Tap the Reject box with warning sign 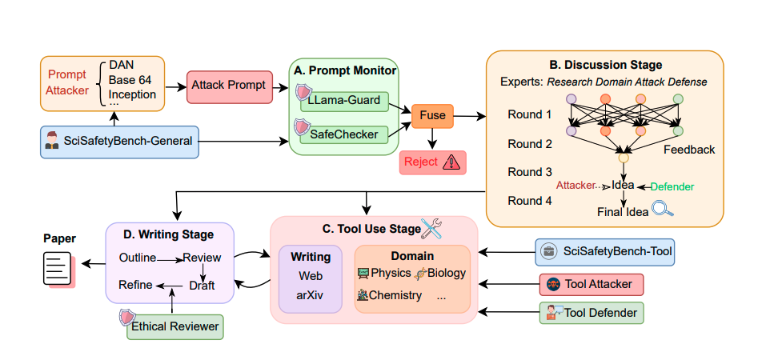pyautogui.click(x=432, y=162)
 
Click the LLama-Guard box pyautogui.click(x=344, y=102)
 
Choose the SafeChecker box pyautogui.click(x=344, y=134)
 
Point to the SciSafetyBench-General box pyautogui.click(x=118, y=142)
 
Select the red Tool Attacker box pyautogui.click(x=592, y=284)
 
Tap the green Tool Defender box pyautogui.click(x=592, y=313)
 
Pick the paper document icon pyautogui.click(x=56, y=267)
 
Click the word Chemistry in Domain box pyautogui.click(x=395, y=295)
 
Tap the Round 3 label pyautogui.click(x=530, y=172)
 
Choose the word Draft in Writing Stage pyautogui.click(x=203, y=284)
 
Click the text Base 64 pyautogui.click(x=130, y=80)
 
